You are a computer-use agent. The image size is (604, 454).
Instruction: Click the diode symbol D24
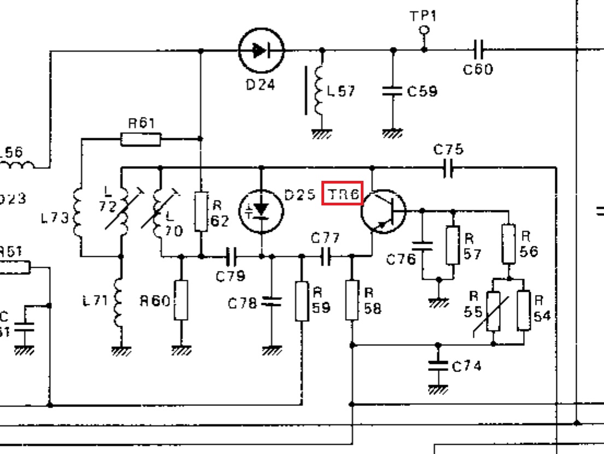coord(262,51)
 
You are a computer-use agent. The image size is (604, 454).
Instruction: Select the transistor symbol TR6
coord(383,211)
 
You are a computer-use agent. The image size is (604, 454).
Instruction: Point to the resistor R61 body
coord(140,139)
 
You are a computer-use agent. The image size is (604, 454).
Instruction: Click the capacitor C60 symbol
coord(478,50)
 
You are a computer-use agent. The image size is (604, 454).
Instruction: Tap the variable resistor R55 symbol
coord(494,310)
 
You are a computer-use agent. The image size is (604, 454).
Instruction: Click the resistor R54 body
coord(524,310)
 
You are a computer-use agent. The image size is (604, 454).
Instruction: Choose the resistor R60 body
coord(181,300)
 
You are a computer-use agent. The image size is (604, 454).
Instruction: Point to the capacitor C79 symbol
coord(231,255)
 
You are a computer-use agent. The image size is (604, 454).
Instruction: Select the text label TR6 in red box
coord(342,193)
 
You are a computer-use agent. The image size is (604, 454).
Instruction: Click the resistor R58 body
coord(352,300)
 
